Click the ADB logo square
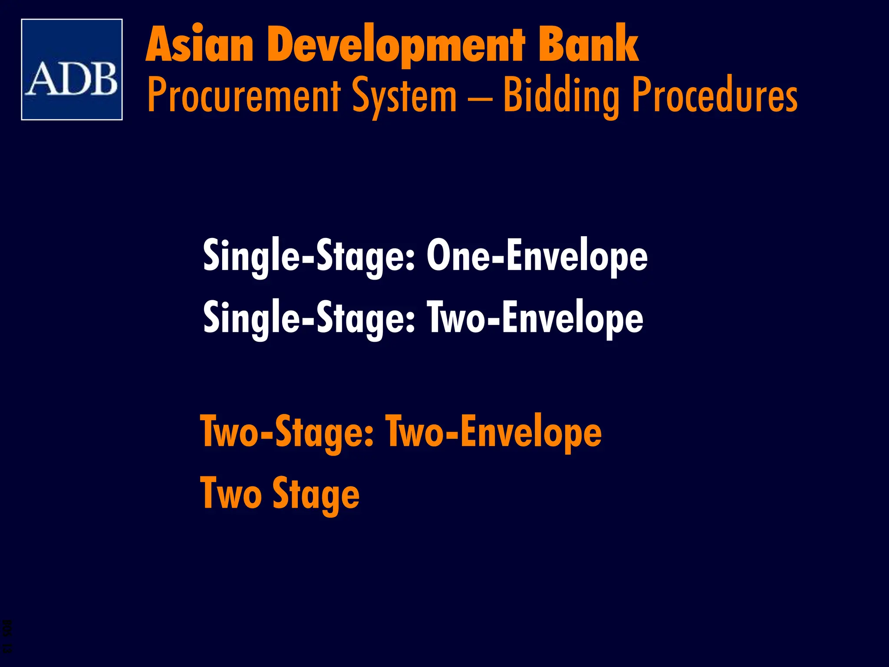pos(72,69)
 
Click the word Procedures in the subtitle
pos(714,95)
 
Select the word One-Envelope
pos(537,256)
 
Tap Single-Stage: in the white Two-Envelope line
pos(309,319)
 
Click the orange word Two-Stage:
pos(286,432)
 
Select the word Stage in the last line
pos(316,495)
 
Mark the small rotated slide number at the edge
pos(8,636)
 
